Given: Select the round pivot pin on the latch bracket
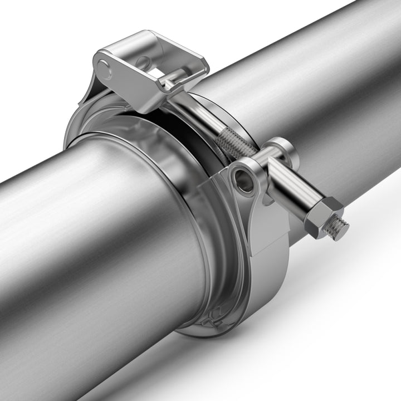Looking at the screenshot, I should point(105,67).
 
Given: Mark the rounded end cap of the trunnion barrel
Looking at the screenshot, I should point(282,149).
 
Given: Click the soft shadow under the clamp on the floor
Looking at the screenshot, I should point(312,345).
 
